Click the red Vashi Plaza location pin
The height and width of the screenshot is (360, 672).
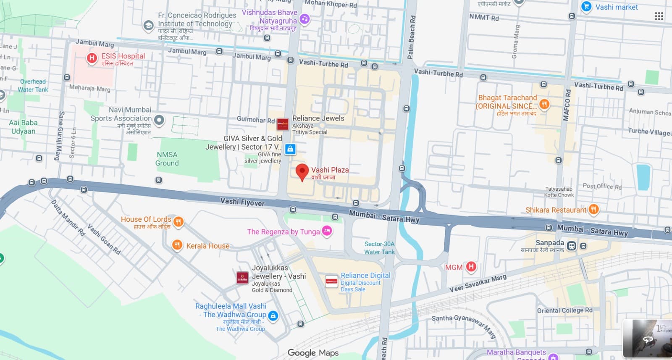pyautogui.click(x=302, y=171)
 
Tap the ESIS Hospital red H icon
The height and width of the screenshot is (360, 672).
pyautogui.click(x=92, y=58)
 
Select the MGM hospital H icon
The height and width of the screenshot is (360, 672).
pyautogui.click(x=471, y=266)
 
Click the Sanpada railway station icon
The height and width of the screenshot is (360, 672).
pyautogui.click(x=571, y=246)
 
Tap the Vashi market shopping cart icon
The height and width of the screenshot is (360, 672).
pyautogui.click(x=586, y=7)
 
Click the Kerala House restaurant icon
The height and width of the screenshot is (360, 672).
pyautogui.click(x=177, y=245)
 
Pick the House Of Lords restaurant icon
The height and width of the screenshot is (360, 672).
pyautogui.click(x=178, y=221)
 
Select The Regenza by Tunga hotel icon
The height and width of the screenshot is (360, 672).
pyautogui.click(x=327, y=231)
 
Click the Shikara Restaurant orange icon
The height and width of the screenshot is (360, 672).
pyautogui.click(x=593, y=209)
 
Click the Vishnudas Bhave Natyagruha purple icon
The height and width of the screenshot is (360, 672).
pyautogui.click(x=304, y=19)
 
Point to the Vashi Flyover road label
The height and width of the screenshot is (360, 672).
pyautogui.click(x=242, y=202)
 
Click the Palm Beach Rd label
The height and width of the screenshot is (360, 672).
pyautogui.click(x=411, y=37)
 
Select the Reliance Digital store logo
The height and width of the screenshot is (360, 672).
pyautogui.click(x=331, y=281)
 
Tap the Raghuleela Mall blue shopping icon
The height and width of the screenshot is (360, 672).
pyautogui.click(x=273, y=315)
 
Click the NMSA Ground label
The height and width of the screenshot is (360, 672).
pyautogui.click(x=167, y=159)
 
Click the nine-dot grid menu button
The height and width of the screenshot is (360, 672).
pyautogui.click(x=659, y=16)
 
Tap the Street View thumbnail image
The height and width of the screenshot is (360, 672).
pyautogui.click(x=647, y=339)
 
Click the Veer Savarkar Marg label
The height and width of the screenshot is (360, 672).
pyautogui.click(x=478, y=284)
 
